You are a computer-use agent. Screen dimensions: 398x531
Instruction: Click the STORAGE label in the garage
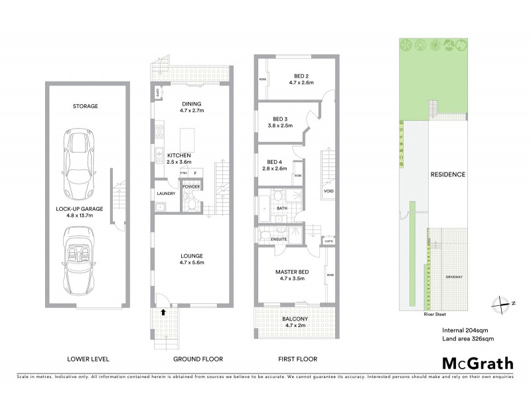(86, 106)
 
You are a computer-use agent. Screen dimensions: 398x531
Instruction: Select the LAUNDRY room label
(165, 194)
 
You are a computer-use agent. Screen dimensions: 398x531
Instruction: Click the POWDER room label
(191, 187)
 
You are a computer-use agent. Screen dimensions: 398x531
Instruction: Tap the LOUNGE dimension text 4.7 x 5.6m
(191, 263)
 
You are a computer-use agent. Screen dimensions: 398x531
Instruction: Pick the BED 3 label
(279, 117)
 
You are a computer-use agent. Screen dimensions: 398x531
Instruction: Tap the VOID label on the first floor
(328, 192)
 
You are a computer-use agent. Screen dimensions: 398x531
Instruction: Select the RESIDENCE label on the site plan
(447, 174)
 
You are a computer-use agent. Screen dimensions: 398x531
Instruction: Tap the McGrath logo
(477, 363)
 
